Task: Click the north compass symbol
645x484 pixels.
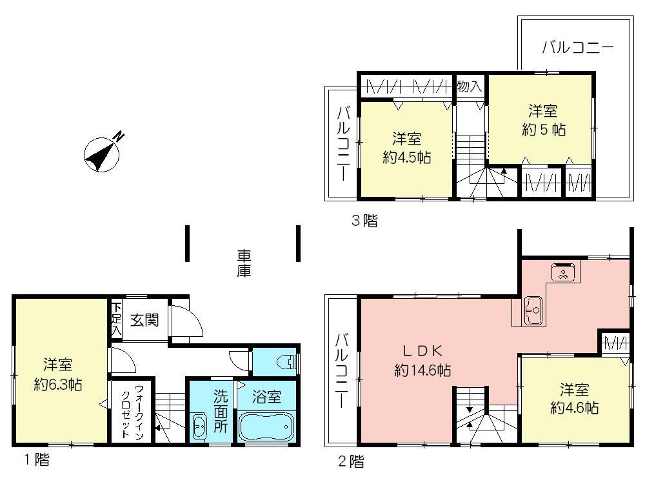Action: (101, 153)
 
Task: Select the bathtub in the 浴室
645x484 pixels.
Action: (266, 427)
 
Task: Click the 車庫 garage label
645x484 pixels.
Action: (243, 263)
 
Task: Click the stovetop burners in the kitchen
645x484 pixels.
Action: (563, 273)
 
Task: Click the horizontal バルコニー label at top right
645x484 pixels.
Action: (577, 47)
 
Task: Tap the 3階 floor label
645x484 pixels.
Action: (364, 221)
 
